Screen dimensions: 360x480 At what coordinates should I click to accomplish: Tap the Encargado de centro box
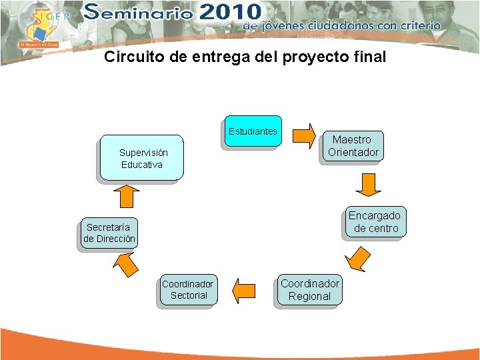point(375,222)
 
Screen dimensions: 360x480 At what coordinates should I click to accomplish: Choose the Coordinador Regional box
point(309,290)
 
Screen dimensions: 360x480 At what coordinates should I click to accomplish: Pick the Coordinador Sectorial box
point(187,290)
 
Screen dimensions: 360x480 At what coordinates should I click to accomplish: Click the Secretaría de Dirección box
point(109,233)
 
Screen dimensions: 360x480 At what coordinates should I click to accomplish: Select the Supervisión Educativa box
point(141,159)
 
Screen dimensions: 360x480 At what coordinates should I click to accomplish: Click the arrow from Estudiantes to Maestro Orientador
point(305,135)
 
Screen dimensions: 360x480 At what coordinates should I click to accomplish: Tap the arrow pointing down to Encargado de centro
point(368,184)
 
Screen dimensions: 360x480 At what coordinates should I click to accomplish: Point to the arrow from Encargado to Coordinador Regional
point(358,259)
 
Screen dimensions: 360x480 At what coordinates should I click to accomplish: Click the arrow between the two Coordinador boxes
point(245,290)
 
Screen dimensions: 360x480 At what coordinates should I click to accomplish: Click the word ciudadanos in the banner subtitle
point(349,25)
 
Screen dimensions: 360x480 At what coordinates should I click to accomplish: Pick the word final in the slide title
point(369,57)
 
